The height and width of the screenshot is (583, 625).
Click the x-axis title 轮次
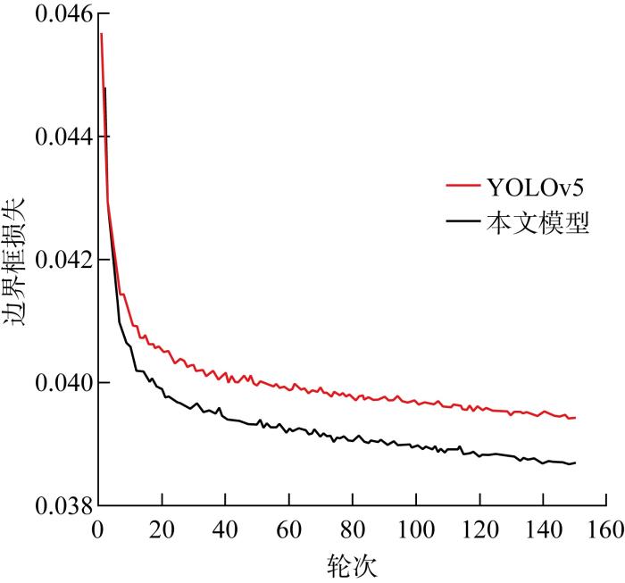[352, 563]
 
